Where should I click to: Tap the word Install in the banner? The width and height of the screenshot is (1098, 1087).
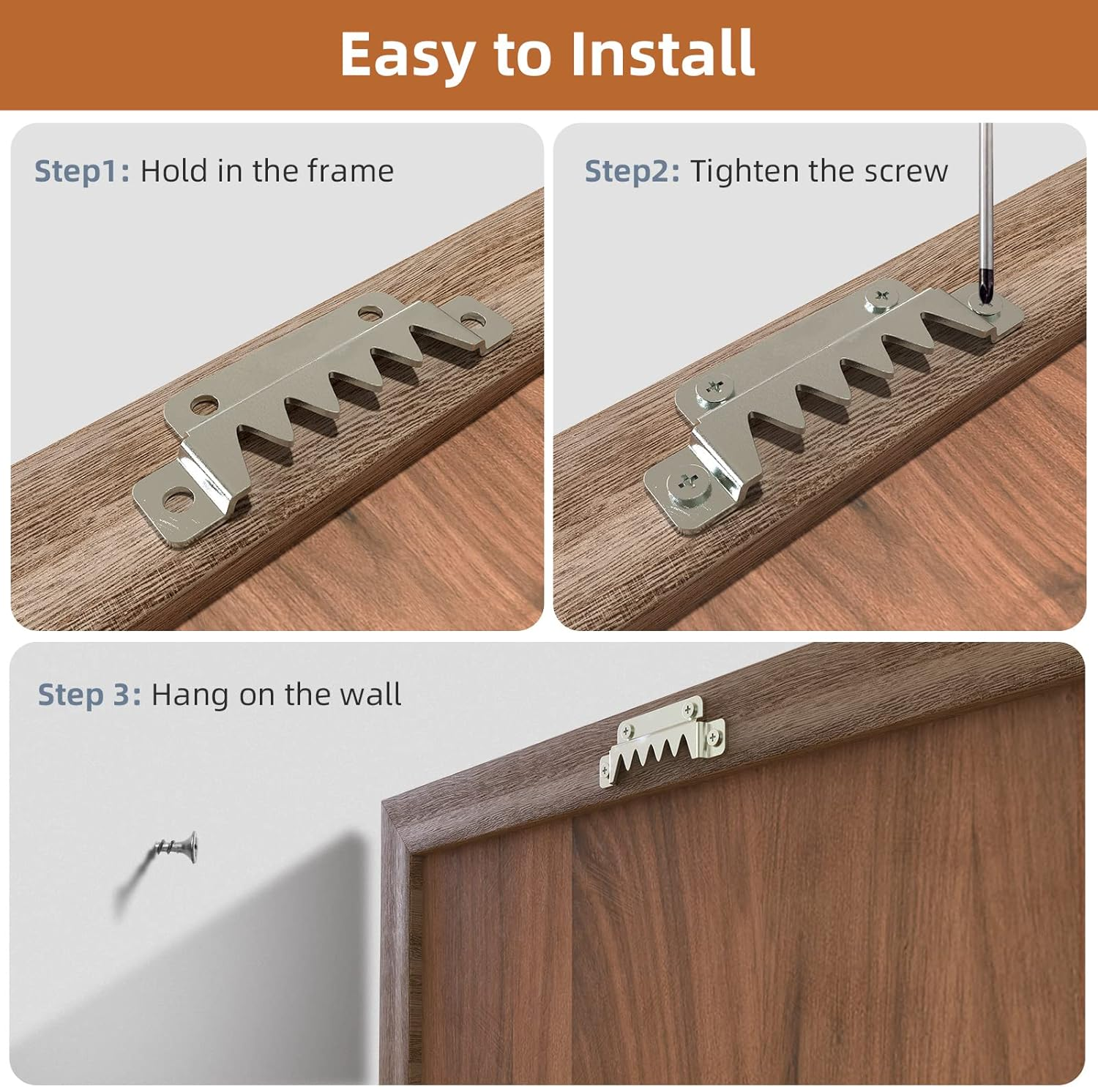pyautogui.click(x=662, y=54)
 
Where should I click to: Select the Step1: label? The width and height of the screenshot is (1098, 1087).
pyautogui.click(x=82, y=171)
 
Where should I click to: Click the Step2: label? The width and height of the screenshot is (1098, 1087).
pyautogui.click(x=632, y=171)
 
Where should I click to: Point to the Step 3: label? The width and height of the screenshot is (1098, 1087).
pyautogui.click(x=89, y=695)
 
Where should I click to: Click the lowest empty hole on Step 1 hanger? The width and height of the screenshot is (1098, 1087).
pyautogui.click(x=176, y=500)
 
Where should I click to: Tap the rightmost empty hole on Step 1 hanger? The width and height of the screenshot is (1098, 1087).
pyautogui.click(x=473, y=320)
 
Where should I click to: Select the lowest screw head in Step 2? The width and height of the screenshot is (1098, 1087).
pyautogui.click(x=688, y=484)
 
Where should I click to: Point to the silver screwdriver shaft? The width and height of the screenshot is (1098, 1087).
pyautogui.click(x=986, y=198)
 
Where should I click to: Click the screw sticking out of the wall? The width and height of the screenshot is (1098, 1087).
pyautogui.click(x=179, y=849)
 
